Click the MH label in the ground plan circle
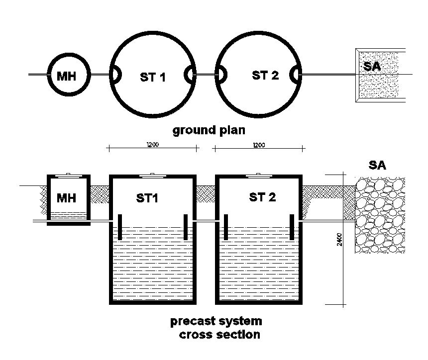pos(67,76)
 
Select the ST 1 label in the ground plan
pos(153,77)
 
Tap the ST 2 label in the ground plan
pos(265,75)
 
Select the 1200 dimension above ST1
pos(152,145)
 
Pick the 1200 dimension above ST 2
pos(259,145)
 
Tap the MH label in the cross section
pos(66,198)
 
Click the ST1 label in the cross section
pos(147,198)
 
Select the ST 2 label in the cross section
pos(262,197)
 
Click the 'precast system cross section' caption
pos(216,328)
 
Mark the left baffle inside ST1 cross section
pos(120,227)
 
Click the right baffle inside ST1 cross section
pos(186,227)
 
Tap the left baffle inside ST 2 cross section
pos(225,227)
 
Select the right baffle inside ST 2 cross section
pos(292,227)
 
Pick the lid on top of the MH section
pos(68,174)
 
